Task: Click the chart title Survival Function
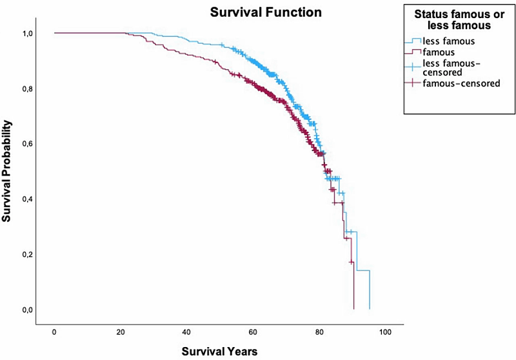point(266,12)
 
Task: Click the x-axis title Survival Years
point(219,351)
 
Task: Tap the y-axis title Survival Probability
point(6,171)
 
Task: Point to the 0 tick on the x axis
point(54,332)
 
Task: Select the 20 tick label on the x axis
point(121,332)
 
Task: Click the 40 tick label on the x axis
point(186,332)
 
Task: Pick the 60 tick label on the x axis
point(253,332)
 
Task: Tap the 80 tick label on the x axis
point(319,332)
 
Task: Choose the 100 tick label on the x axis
point(385,332)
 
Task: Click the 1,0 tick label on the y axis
point(27,34)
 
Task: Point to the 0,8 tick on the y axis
point(27,89)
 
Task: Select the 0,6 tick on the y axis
point(27,144)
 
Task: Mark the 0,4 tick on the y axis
point(27,199)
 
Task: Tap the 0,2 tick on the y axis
point(27,254)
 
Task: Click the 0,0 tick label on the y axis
point(27,310)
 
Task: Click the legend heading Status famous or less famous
point(459,20)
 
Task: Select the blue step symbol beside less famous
point(413,41)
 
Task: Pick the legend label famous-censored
point(461,83)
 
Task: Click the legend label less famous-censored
point(451,68)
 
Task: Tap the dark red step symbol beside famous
point(413,52)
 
